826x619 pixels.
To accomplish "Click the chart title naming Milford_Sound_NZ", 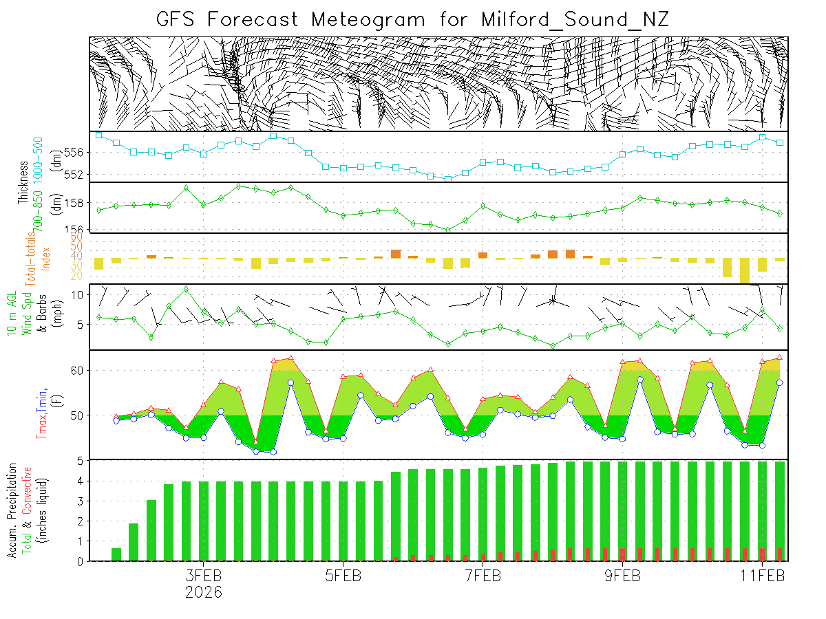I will (x=412, y=19).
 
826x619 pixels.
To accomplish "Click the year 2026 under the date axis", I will (x=203, y=591).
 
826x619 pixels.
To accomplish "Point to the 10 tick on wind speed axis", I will (x=78, y=294).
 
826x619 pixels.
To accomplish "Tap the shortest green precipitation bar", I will (x=116, y=554).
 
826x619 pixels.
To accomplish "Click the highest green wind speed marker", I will (x=186, y=289).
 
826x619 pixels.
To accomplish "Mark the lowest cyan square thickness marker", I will (x=448, y=179).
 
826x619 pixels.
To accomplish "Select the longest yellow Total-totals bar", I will (x=745, y=270).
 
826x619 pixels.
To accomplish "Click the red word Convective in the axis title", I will (x=28, y=490).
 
